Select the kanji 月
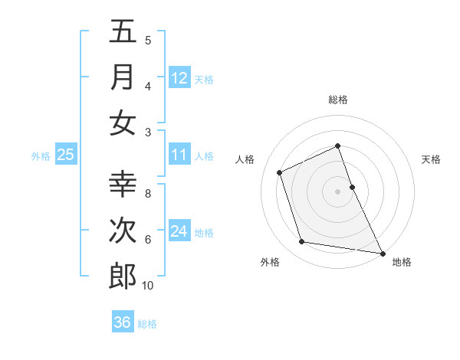point(123,77)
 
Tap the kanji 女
point(123,123)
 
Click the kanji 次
point(123,231)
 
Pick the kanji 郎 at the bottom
point(123,277)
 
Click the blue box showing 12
point(179,77)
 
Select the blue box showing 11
point(179,155)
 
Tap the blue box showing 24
point(179,231)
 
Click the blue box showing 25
point(66,155)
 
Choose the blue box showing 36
point(123,322)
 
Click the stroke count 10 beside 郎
point(148,286)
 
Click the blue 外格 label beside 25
point(41,156)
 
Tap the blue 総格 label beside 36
point(147,323)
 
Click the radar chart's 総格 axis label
point(338,100)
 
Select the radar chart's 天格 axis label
point(431,159)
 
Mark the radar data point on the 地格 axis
point(382,252)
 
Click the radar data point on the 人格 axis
point(280,172)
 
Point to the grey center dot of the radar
point(338,191)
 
